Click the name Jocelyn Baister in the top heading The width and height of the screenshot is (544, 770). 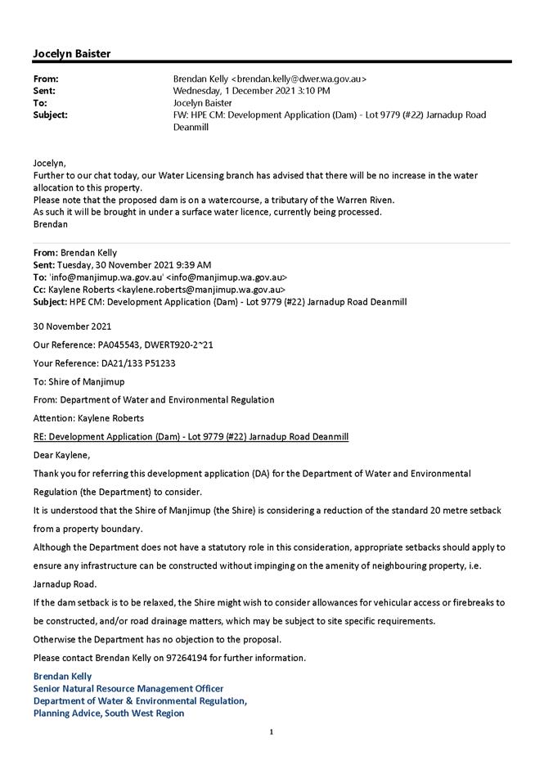pyautogui.click(x=72, y=53)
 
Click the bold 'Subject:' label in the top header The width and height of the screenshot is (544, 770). pyautogui.click(x=50, y=115)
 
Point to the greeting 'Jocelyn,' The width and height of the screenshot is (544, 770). pyautogui.click(x=50, y=164)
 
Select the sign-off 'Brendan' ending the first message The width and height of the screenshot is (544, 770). pyautogui.click(x=50, y=224)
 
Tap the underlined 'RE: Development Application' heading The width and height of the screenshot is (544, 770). pyautogui.click(x=191, y=437)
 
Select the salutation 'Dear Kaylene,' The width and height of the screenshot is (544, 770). pyautogui.click(x=61, y=455)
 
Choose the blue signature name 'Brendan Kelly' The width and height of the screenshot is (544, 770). pyautogui.click(x=62, y=676)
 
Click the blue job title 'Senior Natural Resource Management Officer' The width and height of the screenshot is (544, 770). pyautogui.click(x=128, y=688)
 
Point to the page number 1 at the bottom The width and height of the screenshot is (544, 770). pyautogui.click(x=272, y=732)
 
